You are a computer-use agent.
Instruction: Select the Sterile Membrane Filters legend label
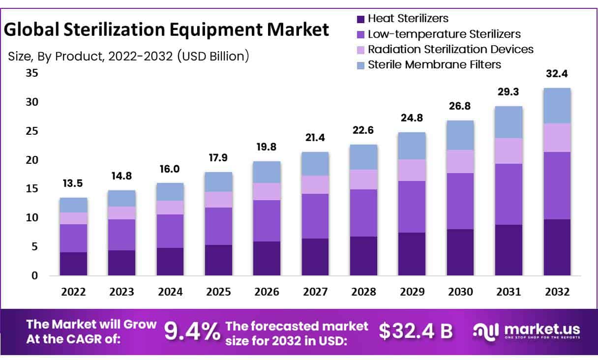(434, 64)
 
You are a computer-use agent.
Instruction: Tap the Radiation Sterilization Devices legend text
(450, 49)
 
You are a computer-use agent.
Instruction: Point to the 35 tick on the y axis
(32, 74)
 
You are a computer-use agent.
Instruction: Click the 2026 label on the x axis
(267, 292)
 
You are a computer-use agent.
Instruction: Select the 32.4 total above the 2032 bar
(557, 74)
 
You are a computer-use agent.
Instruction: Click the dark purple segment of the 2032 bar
(557, 247)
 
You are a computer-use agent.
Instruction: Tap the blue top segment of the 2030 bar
(460, 135)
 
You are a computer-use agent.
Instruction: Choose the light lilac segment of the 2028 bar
(363, 180)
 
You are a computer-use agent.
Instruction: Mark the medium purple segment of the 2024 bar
(170, 231)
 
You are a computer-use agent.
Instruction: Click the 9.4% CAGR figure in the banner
(192, 331)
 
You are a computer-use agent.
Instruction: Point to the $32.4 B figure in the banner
(416, 331)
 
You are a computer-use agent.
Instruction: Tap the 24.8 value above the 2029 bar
(412, 118)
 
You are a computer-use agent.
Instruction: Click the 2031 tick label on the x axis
(508, 292)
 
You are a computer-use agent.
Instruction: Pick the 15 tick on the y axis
(32, 189)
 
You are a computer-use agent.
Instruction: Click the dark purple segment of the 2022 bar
(74, 264)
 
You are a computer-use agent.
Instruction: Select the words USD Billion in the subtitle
(212, 57)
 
